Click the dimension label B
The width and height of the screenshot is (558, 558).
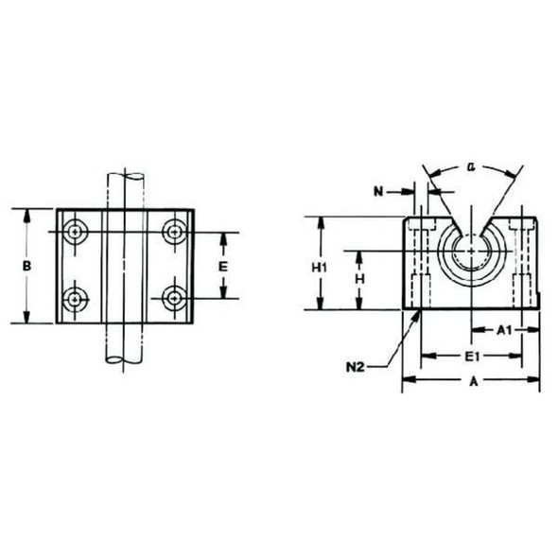pyautogui.click(x=27, y=268)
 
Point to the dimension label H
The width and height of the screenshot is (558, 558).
pyautogui.click(x=359, y=280)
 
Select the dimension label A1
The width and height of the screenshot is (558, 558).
pyautogui.click(x=504, y=330)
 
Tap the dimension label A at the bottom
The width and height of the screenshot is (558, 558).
pyautogui.click(x=472, y=382)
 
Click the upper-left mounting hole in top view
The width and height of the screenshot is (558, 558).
pyautogui.click(x=75, y=230)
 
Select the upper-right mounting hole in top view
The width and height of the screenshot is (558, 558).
pyautogui.click(x=173, y=230)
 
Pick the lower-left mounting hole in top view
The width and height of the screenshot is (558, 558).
pyautogui.click(x=75, y=299)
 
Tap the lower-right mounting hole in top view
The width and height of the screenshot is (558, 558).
pyautogui.click(x=173, y=299)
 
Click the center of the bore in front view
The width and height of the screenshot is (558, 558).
pyautogui.click(x=471, y=253)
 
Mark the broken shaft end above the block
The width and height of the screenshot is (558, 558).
pyautogui.click(x=124, y=176)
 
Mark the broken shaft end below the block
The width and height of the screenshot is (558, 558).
pyautogui.click(x=124, y=360)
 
